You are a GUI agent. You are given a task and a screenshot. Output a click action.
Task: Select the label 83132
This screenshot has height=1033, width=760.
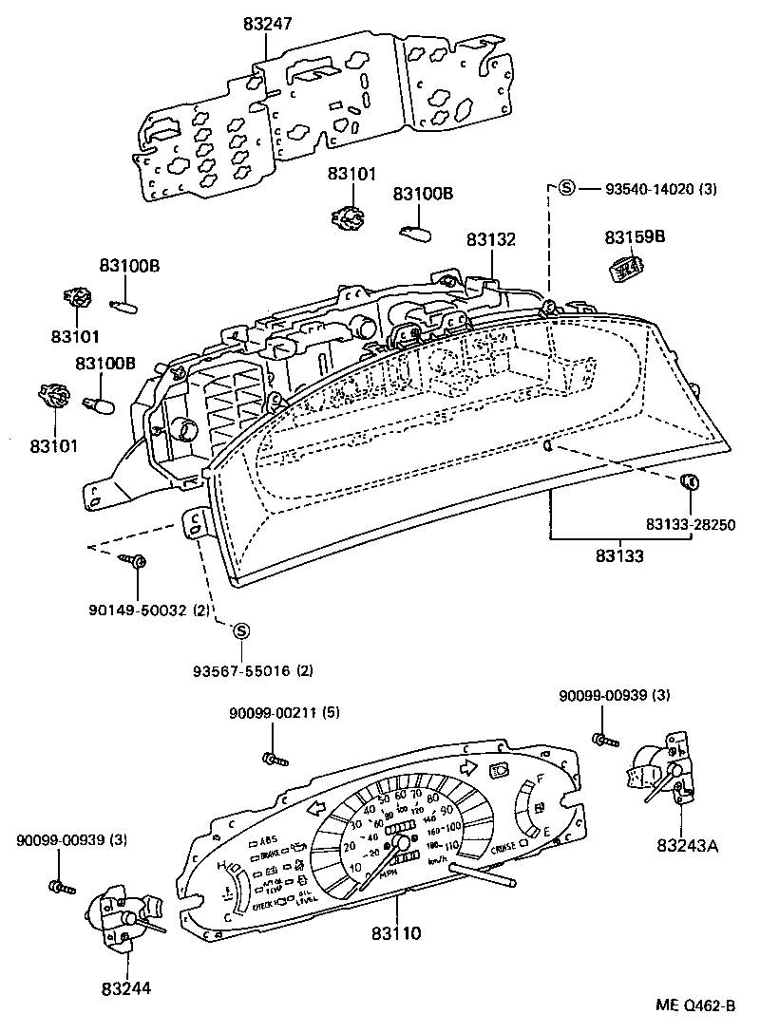pos(490,239)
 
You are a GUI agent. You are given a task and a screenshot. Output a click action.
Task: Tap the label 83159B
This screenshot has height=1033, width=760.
pos(631,237)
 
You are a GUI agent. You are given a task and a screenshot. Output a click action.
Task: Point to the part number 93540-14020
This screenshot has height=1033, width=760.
pos(650,189)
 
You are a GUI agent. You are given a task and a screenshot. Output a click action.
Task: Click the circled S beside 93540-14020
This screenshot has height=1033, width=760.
pos(566,188)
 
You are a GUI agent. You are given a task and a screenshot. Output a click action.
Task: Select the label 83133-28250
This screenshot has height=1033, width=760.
pos(692,524)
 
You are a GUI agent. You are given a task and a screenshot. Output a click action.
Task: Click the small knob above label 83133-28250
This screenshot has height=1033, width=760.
pos(691,482)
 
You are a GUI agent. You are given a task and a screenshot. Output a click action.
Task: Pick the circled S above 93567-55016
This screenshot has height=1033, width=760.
pos(240,630)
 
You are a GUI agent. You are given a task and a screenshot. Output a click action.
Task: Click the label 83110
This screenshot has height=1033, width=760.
pos(396,933)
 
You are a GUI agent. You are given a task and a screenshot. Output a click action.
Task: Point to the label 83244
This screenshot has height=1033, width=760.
pos(125,989)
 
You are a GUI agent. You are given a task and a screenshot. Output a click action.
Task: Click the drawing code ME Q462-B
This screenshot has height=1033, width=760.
pos(694,1005)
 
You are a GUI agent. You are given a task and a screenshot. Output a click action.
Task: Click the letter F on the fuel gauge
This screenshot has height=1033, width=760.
pos(540,779)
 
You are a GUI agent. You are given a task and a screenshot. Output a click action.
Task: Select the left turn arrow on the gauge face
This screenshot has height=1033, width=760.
pos(315,806)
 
